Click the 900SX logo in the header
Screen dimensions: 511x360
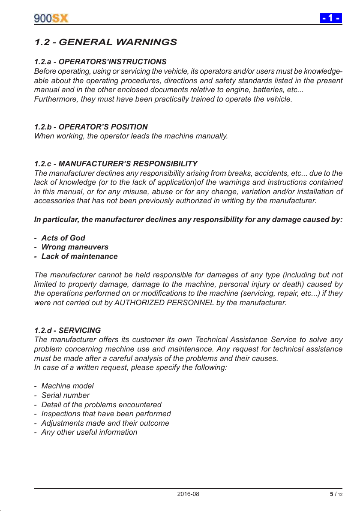[x=51, y=18]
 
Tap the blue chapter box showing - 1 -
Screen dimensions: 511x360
[x=331, y=18]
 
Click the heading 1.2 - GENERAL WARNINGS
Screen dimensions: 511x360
[x=105, y=42]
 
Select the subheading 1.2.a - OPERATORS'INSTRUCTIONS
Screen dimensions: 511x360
[x=100, y=62]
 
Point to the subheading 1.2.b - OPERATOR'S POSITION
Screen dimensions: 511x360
[x=91, y=127]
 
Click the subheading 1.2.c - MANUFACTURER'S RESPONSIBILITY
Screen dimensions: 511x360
[x=116, y=164]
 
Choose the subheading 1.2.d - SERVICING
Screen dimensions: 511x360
[x=67, y=331]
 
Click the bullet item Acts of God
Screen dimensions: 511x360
[x=63, y=238]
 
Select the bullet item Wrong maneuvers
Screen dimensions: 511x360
[x=75, y=247]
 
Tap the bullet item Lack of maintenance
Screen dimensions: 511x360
[x=79, y=256]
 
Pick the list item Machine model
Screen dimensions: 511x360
[x=67, y=386]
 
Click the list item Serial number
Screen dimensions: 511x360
[x=65, y=395]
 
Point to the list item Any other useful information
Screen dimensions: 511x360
[x=89, y=432]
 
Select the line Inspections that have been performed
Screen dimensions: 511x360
[x=106, y=414]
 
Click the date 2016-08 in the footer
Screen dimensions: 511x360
[x=188, y=494]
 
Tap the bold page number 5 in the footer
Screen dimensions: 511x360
[x=331, y=494]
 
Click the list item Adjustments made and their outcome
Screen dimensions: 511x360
[x=105, y=423]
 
